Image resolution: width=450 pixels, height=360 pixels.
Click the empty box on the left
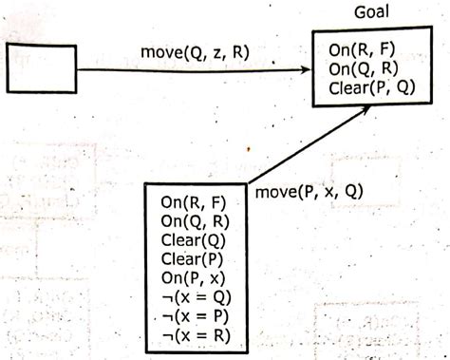pos(42,67)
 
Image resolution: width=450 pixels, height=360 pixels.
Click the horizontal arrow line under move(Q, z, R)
pos(190,68)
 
